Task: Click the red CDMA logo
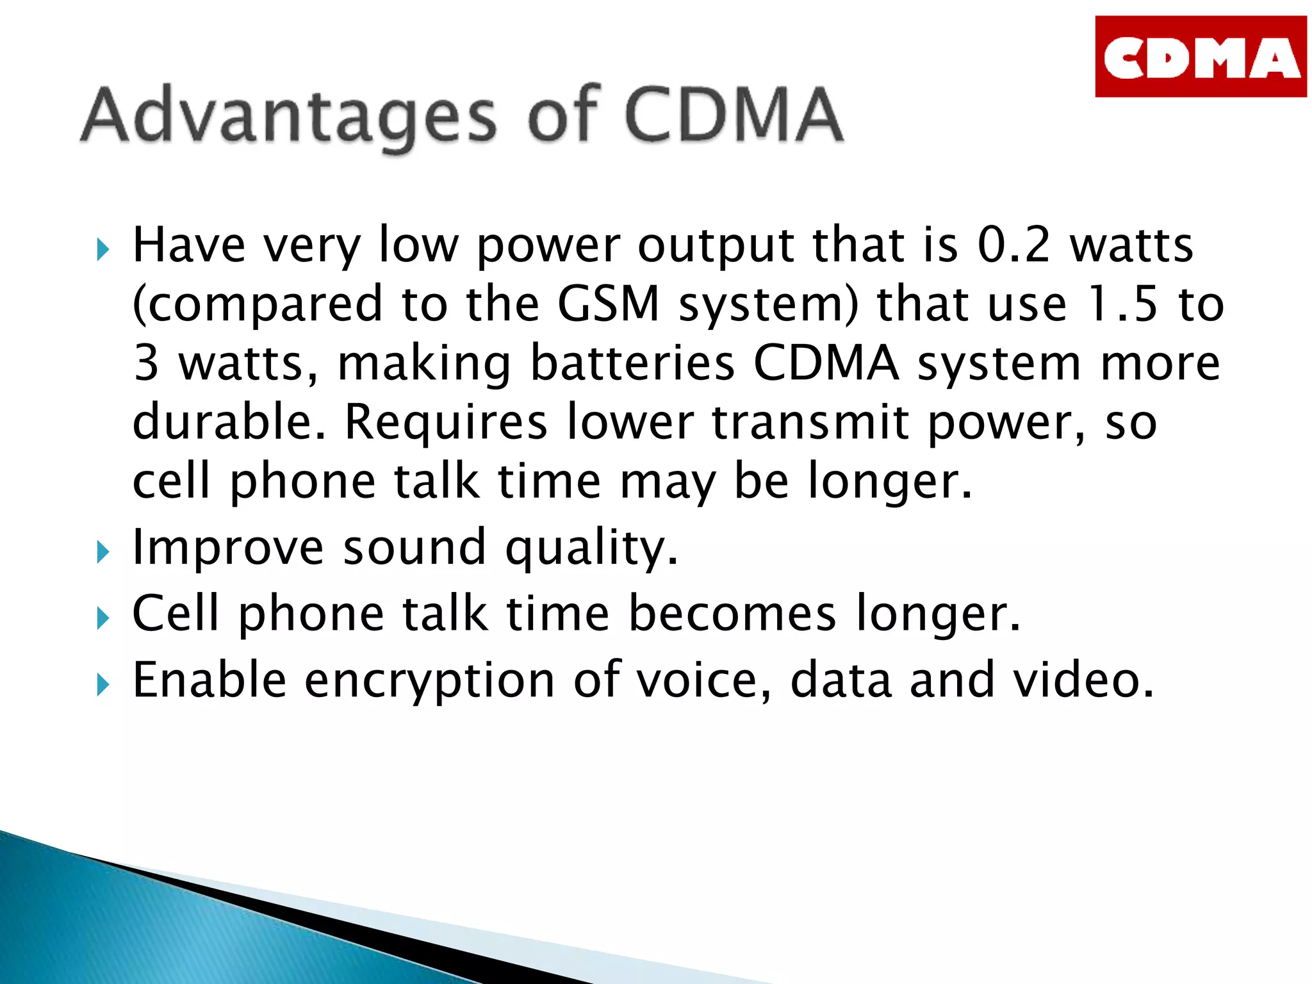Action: [x=1200, y=57]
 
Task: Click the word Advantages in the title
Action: [x=288, y=116]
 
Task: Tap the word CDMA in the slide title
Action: [x=733, y=115]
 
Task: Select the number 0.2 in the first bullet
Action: [x=1013, y=245]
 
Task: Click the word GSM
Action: [x=608, y=304]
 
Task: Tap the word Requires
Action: [x=446, y=422]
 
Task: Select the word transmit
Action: [x=810, y=422]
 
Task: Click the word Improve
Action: [x=228, y=548]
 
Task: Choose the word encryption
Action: [x=429, y=681]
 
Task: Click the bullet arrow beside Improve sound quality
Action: [x=103, y=552]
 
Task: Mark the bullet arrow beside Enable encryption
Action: [x=103, y=685]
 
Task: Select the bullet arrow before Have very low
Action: [x=103, y=249]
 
